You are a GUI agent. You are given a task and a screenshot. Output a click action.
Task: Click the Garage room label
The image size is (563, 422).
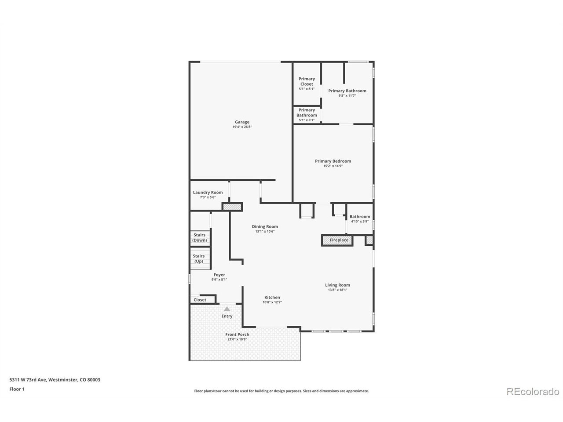[x=242, y=122]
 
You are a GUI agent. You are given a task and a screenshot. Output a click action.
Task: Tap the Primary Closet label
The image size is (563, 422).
[x=307, y=81]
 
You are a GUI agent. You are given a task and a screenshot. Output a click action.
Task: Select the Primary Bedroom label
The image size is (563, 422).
[x=333, y=161]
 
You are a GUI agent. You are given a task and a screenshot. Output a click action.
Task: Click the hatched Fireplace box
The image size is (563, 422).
[x=337, y=240]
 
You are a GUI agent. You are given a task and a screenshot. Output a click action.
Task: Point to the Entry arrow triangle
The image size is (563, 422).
[x=227, y=309]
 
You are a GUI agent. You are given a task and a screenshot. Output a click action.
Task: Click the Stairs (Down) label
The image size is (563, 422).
[x=199, y=237]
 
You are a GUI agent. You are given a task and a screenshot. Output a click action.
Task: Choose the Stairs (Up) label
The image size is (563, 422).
[x=198, y=258]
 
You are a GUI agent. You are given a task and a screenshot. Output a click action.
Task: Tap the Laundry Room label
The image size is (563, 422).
[x=208, y=192]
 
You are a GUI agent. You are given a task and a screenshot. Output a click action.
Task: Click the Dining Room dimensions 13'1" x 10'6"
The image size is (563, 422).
[x=265, y=231]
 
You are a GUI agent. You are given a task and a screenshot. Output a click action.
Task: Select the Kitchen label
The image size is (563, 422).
[x=272, y=297]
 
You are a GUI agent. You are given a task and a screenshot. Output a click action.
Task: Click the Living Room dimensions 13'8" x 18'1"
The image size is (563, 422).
[x=337, y=290]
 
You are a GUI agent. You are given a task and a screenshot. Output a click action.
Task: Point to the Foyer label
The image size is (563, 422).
[x=219, y=275]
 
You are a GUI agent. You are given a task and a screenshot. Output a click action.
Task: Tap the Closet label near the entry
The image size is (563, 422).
[x=200, y=300]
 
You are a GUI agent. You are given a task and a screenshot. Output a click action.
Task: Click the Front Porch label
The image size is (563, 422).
[x=237, y=335]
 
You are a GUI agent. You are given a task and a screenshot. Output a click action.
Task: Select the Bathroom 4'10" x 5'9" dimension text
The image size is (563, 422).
[x=360, y=221]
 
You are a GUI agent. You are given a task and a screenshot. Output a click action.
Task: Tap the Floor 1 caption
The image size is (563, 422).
[x=17, y=389]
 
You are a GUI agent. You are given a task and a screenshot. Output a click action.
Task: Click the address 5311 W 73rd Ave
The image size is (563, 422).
[x=28, y=379]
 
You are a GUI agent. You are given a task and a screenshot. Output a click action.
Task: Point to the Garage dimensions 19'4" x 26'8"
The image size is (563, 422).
[x=242, y=127]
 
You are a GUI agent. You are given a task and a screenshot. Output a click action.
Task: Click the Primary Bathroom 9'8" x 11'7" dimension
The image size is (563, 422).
[x=347, y=95]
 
